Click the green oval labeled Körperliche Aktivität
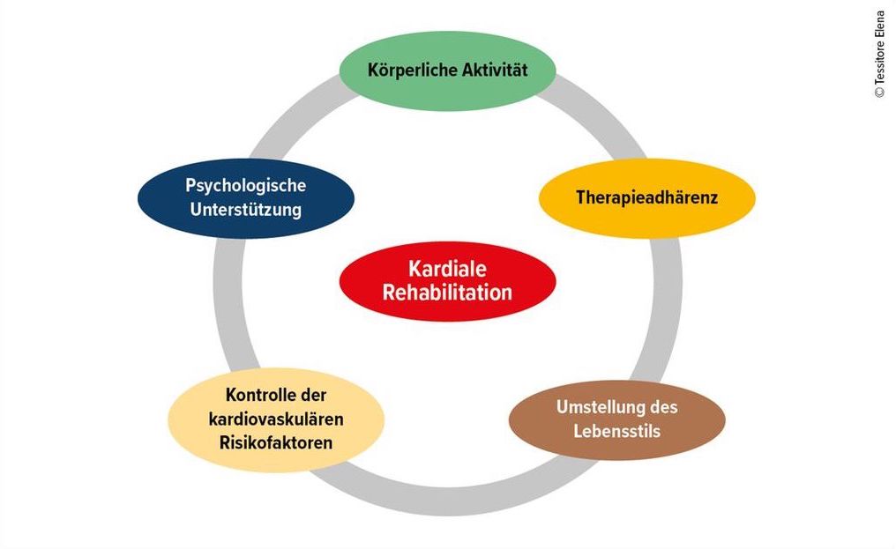(447, 70)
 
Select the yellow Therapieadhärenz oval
(646, 197)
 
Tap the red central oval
(447, 281)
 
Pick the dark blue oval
(246, 197)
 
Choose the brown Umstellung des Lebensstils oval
(617, 419)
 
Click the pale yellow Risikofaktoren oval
(276, 419)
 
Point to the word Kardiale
(447, 269)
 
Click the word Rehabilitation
(447, 293)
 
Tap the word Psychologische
(246, 186)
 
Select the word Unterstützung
(246, 209)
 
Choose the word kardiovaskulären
(276, 419)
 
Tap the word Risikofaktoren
(276, 442)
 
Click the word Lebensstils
(617, 431)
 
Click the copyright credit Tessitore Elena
(880, 54)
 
